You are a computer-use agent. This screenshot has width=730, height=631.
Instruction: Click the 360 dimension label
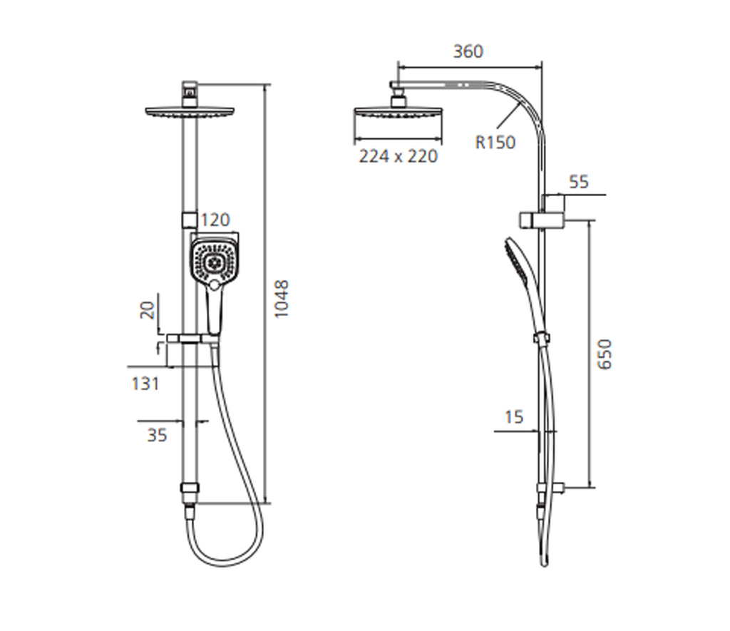468,51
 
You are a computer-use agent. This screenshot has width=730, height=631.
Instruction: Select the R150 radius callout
495,142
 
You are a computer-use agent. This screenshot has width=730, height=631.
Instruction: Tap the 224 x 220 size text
399,156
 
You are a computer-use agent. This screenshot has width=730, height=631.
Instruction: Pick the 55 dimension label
579,182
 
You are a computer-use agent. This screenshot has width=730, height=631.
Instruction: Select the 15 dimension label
513,417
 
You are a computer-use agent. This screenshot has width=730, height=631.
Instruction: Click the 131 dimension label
145,384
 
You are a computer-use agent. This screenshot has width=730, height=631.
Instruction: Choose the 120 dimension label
216,220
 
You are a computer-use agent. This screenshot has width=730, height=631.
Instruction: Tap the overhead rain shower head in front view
189,112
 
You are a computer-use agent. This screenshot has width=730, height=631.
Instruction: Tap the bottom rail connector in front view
190,489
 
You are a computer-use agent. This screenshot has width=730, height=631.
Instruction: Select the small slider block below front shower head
189,217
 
